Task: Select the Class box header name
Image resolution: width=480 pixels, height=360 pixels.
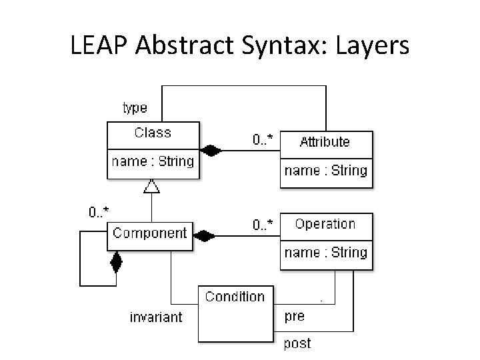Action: (x=153, y=133)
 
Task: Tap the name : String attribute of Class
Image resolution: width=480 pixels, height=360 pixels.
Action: (x=153, y=161)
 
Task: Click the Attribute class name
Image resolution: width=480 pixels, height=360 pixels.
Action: (x=325, y=141)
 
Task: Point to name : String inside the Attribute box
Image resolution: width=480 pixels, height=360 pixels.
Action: (x=325, y=171)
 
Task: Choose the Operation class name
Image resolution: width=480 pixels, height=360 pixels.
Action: (x=325, y=224)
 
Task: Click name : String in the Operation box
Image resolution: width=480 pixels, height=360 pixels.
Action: (x=325, y=253)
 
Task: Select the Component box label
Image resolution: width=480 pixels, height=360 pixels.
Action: (x=150, y=233)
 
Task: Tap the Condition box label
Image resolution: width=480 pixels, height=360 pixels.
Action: (x=235, y=297)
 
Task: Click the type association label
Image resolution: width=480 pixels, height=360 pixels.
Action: (x=135, y=107)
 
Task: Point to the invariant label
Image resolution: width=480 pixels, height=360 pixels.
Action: (x=155, y=317)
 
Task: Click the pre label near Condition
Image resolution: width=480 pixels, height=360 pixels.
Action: (x=295, y=317)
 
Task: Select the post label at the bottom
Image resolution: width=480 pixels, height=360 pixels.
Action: (x=297, y=344)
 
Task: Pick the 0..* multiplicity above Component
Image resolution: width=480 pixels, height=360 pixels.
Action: (x=99, y=212)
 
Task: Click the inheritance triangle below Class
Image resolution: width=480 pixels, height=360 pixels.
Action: (x=152, y=185)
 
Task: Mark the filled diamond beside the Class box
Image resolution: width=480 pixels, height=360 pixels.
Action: (x=211, y=151)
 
